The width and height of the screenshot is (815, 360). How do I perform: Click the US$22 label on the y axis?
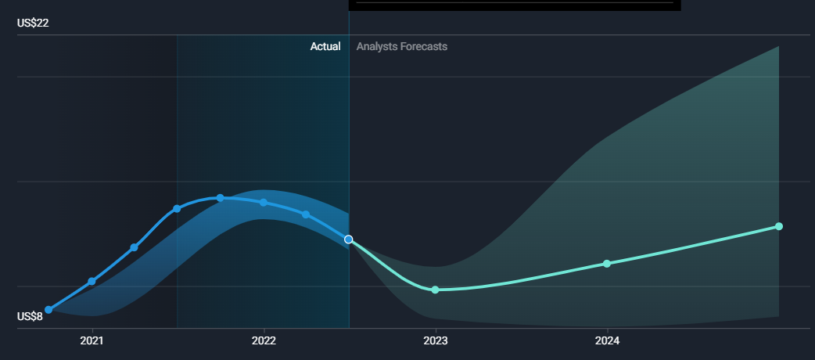click(x=33, y=23)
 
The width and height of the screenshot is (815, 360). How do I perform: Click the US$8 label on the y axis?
click(x=30, y=316)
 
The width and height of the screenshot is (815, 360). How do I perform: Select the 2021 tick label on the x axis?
click(x=92, y=341)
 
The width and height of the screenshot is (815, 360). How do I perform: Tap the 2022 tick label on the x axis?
click(x=264, y=341)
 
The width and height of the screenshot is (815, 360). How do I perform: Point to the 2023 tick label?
click(x=436, y=341)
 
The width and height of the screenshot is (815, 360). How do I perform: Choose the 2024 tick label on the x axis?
click(x=607, y=341)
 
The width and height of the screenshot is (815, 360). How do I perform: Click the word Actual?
click(x=325, y=46)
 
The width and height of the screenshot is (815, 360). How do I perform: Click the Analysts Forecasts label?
click(x=402, y=46)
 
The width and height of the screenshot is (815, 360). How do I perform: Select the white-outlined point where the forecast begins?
click(x=349, y=239)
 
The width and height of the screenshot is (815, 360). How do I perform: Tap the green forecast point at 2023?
click(x=436, y=290)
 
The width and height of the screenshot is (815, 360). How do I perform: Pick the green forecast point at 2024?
click(x=607, y=264)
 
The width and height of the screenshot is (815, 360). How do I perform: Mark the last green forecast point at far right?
click(x=778, y=226)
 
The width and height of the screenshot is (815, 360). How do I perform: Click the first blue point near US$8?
click(x=48, y=310)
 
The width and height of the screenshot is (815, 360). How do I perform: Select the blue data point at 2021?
click(x=92, y=282)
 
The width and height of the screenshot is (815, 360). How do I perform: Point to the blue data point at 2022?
click(x=264, y=203)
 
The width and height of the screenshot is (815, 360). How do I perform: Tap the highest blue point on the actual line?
click(x=221, y=198)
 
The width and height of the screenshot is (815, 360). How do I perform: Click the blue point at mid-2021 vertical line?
click(x=177, y=209)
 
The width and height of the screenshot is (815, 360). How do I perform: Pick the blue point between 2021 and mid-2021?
click(x=134, y=247)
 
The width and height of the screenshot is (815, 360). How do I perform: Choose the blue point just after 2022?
click(x=306, y=214)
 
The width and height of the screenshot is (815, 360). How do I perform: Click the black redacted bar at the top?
click(x=515, y=5)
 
